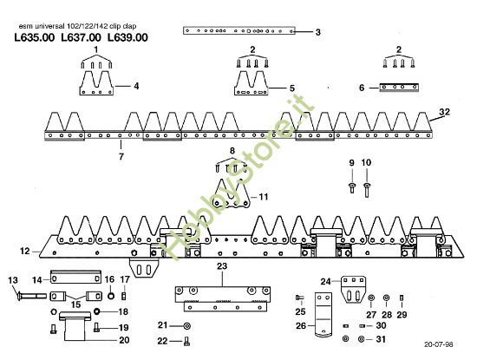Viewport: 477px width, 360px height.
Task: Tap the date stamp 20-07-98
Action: click(x=440, y=344)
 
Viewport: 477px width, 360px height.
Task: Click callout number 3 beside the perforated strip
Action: click(x=318, y=32)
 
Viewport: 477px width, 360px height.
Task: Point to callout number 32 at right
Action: click(x=444, y=113)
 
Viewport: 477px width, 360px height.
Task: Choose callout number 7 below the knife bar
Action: click(x=121, y=156)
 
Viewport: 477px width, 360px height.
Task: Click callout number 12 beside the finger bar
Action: click(x=24, y=252)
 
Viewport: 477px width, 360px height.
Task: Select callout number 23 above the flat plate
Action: click(x=221, y=265)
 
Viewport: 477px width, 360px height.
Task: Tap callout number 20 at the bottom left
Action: click(x=124, y=340)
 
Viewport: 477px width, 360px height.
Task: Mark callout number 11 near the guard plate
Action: click(x=264, y=196)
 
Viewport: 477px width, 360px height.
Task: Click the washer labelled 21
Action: click(x=186, y=325)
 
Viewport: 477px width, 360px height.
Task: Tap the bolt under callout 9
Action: click(x=353, y=184)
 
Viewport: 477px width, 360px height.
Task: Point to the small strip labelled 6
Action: click(x=401, y=87)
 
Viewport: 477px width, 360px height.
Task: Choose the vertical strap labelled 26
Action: click(x=323, y=322)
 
